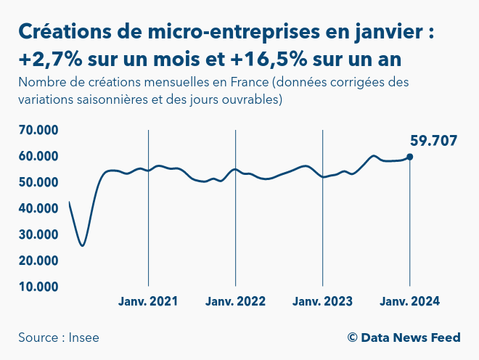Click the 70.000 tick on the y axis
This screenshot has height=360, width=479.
tap(38, 131)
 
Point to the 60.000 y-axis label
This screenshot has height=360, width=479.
tap(38, 157)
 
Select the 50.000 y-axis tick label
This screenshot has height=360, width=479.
tap(38, 182)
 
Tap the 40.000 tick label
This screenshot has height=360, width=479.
tap(38, 208)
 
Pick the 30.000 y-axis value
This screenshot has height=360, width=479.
tap(38, 234)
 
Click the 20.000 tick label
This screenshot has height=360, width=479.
tap(38, 261)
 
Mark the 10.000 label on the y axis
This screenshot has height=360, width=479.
tap(38, 287)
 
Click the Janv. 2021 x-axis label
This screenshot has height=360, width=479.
tap(148, 301)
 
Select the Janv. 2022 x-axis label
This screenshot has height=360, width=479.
tap(235, 301)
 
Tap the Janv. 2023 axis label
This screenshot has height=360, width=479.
tap(322, 301)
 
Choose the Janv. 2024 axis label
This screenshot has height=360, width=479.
tap(410, 301)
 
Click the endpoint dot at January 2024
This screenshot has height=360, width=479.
tap(410, 157)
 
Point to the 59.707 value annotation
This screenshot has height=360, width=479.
tap(434, 141)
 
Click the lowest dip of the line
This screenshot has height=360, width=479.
tap(83, 245)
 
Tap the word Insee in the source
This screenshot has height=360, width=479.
tap(85, 337)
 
